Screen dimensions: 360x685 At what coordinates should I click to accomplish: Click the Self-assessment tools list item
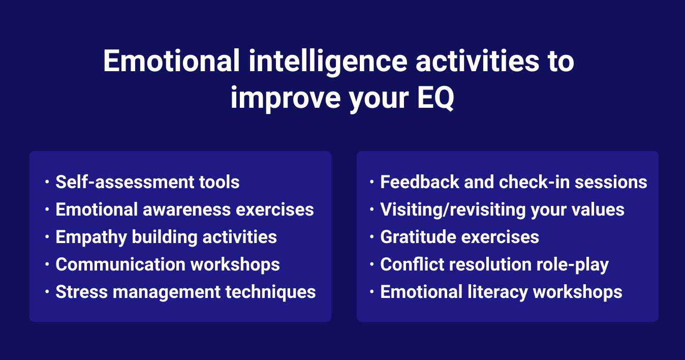(x=147, y=182)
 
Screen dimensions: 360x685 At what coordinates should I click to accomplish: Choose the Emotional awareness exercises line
(x=184, y=209)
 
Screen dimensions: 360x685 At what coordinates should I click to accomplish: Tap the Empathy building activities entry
(x=166, y=237)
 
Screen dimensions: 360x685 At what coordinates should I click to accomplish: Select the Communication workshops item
(x=168, y=264)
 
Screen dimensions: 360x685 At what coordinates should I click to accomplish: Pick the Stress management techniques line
(x=185, y=292)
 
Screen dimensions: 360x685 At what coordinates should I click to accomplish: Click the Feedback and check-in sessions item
(x=514, y=182)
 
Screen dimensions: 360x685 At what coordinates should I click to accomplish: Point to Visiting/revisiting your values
(x=502, y=209)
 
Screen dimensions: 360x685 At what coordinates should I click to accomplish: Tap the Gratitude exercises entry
(x=459, y=237)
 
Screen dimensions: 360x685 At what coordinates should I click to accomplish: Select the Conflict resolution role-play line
(x=494, y=264)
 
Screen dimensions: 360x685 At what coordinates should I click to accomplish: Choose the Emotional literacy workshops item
(x=501, y=292)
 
